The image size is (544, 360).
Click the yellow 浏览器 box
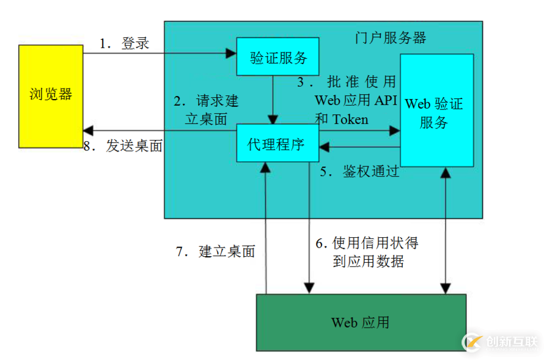[x=51, y=96]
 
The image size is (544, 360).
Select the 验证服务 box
[x=278, y=58]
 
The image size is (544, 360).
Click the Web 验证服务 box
[x=436, y=110]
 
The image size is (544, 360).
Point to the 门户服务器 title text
[x=391, y=38]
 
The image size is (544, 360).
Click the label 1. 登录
[x=125, y=44]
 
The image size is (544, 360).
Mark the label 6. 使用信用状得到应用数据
[x=367, y=252]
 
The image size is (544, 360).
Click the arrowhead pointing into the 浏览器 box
[x=89, y=130]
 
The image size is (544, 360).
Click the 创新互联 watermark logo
[x=501, y=341]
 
